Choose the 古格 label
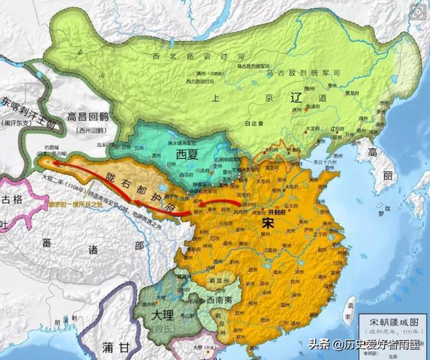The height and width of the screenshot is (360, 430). coord(11,199)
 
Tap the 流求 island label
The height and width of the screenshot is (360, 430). coord(350,308)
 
